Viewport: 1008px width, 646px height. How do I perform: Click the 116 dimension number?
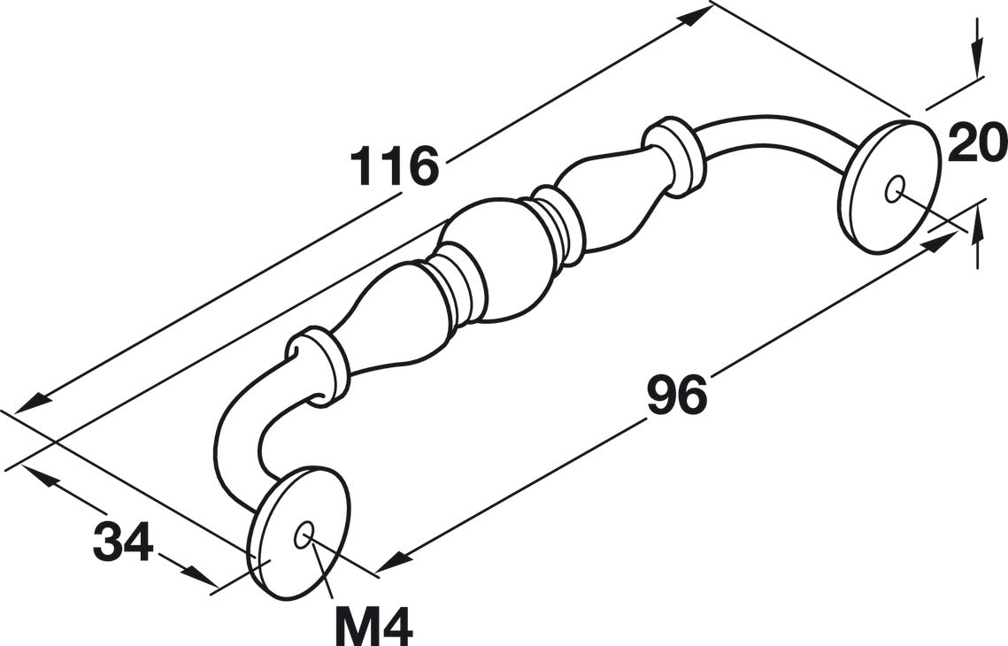[394, 165]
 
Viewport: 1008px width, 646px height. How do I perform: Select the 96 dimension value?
[676, 395]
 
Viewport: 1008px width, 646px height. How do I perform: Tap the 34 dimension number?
[123, 541]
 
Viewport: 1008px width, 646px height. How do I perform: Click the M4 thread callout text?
[373, 626]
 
